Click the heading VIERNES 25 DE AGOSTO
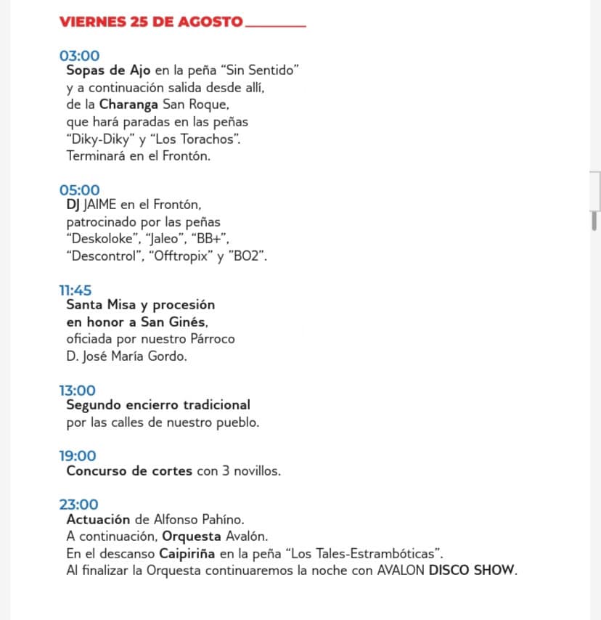coord(151,21)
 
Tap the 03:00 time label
coord(79,56)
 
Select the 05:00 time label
coord(79,191)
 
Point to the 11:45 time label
coord(75,290)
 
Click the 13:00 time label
coord(77,391)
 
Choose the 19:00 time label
coord(78,456)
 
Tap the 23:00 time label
coord(78,505)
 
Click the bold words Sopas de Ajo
coord(108,70)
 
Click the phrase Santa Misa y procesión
coord(140,305)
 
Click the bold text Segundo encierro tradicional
coord(158,405)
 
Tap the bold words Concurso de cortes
coord(129,470)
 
